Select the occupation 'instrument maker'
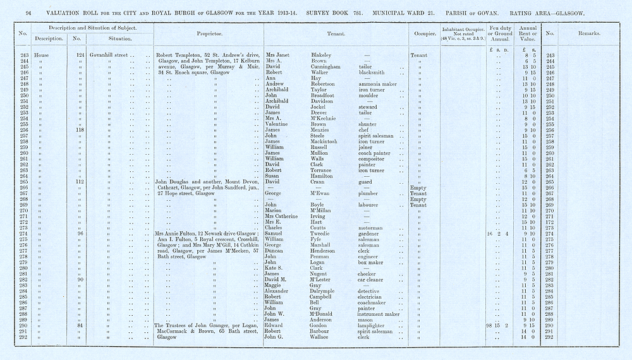click(x=379, y=314)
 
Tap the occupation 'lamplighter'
click(x=374, y=325)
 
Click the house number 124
click(x=80, y=55)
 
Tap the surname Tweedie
click(x=324, y=234)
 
